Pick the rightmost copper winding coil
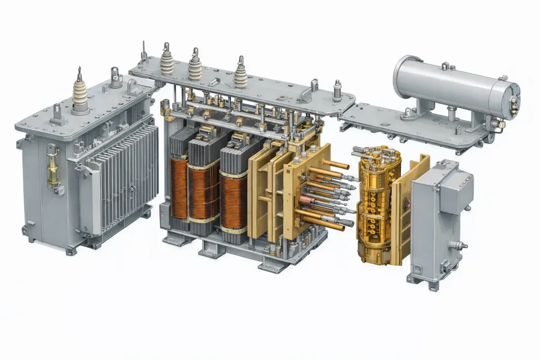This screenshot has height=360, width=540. coord(233,198)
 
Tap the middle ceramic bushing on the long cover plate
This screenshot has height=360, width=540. coord(195,62)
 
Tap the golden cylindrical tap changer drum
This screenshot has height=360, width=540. coord(375,204)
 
